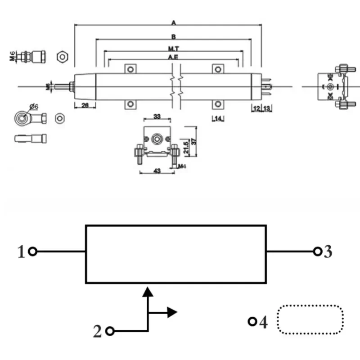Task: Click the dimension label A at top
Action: [173, 22]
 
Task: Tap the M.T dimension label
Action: [173, 48]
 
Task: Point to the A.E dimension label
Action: [173, 57]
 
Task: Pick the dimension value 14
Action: [218, 118]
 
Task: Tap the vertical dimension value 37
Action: [194, 141]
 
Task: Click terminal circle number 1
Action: [32, 252]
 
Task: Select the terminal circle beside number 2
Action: [109, 331]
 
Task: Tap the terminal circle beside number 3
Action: [318, 251]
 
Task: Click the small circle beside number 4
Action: [252, 321]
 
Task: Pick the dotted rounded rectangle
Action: [310, 320]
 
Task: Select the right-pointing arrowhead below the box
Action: [172, 312]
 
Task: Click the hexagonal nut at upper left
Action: [62, 57]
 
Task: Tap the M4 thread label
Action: [182, 166]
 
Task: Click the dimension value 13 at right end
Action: [266, 108]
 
